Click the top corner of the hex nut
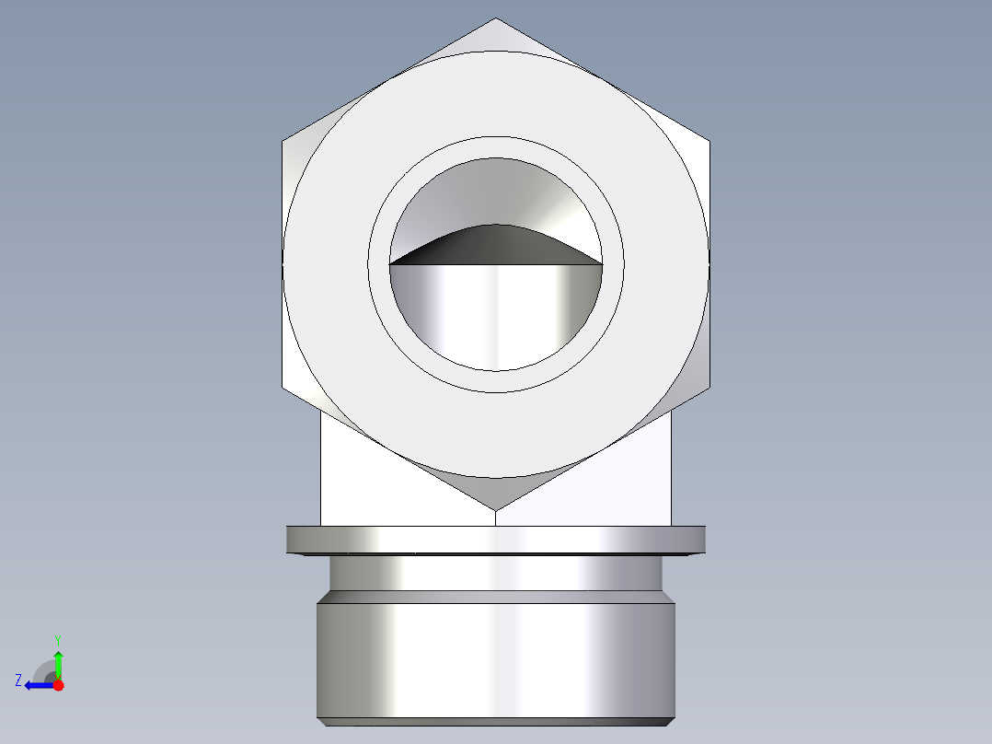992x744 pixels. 496,19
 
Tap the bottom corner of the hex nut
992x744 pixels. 496,509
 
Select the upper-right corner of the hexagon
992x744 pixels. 709,142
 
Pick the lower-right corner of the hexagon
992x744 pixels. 709,387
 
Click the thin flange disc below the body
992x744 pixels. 496,539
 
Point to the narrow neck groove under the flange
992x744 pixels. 496,573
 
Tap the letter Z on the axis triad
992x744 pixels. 18,680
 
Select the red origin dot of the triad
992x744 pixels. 58,685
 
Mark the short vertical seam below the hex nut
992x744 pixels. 496,517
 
